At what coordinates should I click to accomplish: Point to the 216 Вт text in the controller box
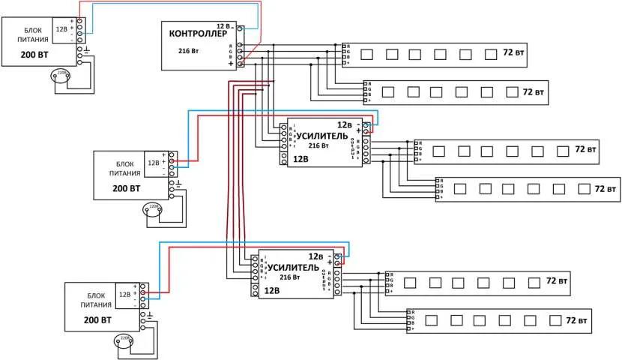188,51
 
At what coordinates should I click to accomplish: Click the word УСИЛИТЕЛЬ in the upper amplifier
323,136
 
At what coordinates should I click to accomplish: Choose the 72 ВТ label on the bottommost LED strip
576,320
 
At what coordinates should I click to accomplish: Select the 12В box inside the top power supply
61,29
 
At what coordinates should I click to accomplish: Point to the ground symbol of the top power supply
88,50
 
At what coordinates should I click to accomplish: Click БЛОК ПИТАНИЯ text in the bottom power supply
94,301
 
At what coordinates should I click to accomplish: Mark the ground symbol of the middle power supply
179,182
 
